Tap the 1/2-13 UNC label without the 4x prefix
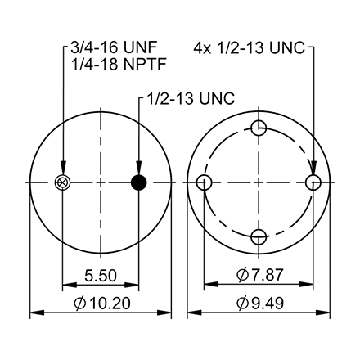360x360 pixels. pos(189,98)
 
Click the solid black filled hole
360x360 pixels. pos(140,182)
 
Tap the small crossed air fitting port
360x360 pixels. pos(61,182)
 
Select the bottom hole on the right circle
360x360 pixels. pos(259,236)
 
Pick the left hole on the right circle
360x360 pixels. pos(205,182)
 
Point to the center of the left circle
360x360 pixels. pos(101,182)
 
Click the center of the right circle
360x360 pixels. pos(259,182)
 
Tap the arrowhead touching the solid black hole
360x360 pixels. pos(140,169)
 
